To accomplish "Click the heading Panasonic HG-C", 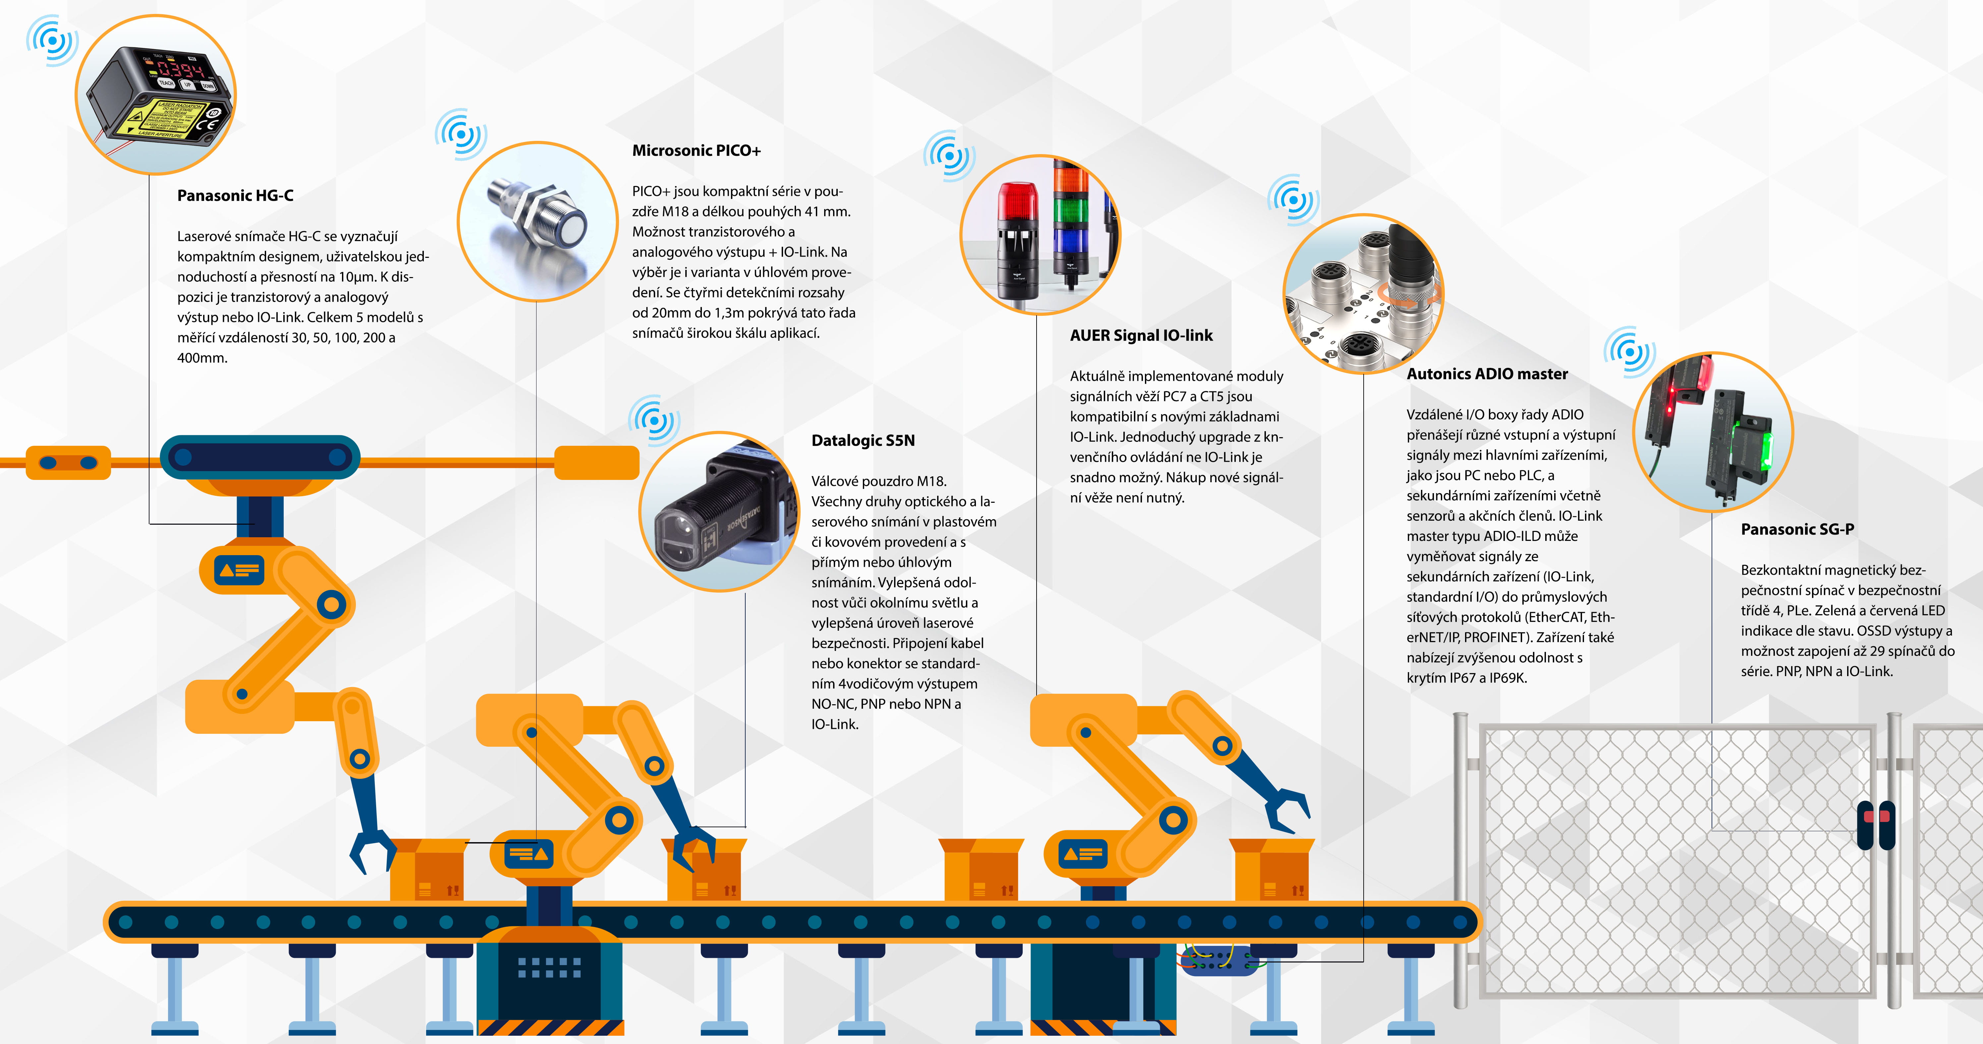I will point(235,196).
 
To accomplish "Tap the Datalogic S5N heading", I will point(863,440).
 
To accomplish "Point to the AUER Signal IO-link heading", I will point(1141,336).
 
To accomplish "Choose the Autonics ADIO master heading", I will point(1487,374).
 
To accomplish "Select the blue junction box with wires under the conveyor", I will point(1218,960).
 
